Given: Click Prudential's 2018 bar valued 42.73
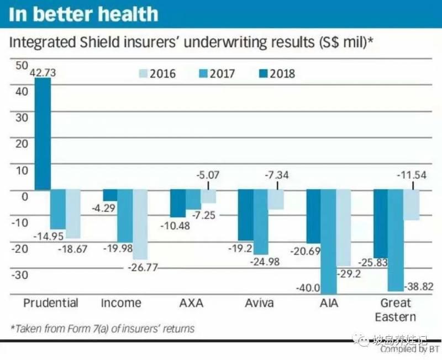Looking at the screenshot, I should coord(43,134).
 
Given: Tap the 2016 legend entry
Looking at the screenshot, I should coord(156,73).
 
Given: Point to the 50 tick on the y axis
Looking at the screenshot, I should coord(22,65).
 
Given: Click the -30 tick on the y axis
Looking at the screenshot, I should coord(19,275).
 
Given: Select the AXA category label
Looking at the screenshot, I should coord(191,303).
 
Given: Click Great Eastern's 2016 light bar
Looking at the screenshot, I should coord(411,205).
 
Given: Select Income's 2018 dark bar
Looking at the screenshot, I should coord(110,195).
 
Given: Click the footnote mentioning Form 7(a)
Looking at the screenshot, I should coord(103,328).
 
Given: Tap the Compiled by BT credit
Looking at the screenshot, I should coord(409,349).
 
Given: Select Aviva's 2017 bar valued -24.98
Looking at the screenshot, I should coord(261,222).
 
